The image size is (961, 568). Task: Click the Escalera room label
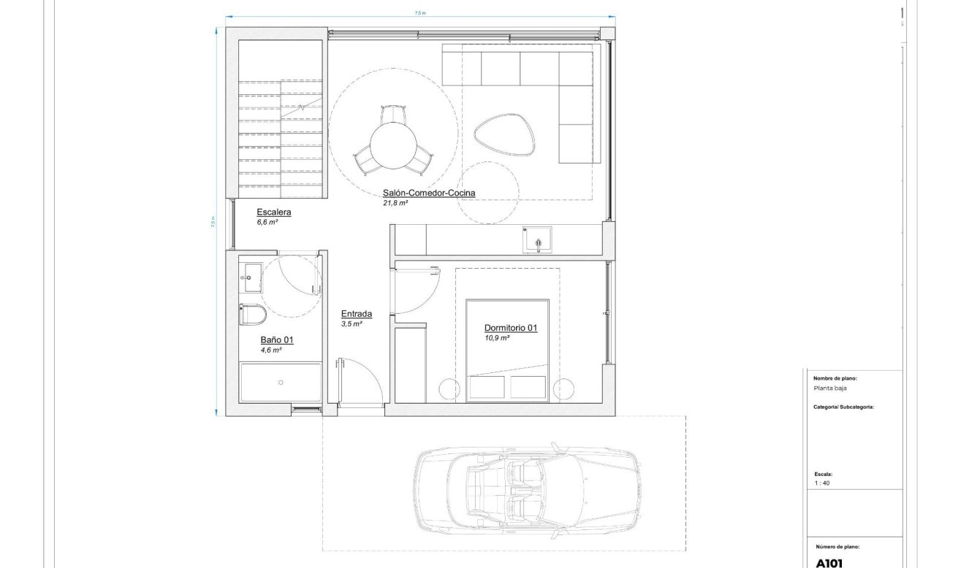[274, 212]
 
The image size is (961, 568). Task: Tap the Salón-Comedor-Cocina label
[429, 193]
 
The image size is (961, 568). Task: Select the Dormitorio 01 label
[510, 328]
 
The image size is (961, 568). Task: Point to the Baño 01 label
[277, 340]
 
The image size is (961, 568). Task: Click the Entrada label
[357, 314]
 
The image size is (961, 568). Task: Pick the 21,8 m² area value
[395, 204]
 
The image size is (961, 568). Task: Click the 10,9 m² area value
[496, 338]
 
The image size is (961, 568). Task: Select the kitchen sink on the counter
[536, 239]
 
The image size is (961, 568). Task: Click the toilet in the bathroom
[251, 315]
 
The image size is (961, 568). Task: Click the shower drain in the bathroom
[281, 382]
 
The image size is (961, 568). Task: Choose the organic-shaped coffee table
[505, 133]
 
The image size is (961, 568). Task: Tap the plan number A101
[829, 563]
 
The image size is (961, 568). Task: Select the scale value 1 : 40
[821, 483]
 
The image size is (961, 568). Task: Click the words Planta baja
[830, 388]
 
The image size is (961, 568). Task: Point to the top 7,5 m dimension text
[419, 12]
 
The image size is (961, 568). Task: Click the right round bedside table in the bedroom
[563, 388]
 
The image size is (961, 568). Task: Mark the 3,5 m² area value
[351, 323]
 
